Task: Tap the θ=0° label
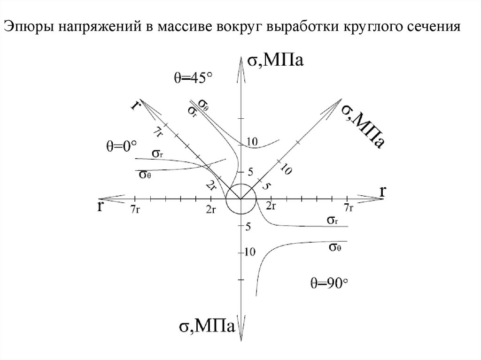pyautogui.click(x=120, y=146)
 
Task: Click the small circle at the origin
pyautogui.click(x=240, y=199)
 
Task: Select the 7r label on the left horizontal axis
pyautogui.click(x=135, y=209)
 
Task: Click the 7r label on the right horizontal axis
pyautogui.click(x=348, y=208)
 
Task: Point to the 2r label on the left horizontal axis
pyautogui.click(x=210, y=209)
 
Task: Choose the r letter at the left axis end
pyautogui.click(x=101, y=207)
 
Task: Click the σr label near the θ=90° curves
pyautogui.click(x=332, y=220)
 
